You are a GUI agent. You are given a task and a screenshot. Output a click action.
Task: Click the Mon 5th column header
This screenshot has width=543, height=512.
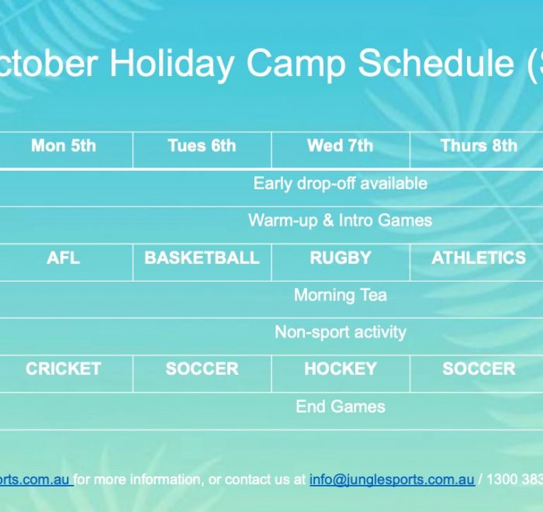pos(64,146)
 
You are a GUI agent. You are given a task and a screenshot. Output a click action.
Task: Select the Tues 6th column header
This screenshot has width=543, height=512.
pos(202,146)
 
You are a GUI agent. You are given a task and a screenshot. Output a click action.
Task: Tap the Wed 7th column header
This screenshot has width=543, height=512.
pos(341,146)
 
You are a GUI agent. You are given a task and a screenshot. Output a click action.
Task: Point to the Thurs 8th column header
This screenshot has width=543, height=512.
pos(479,146)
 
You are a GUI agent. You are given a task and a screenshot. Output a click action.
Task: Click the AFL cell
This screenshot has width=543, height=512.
pos(64,258)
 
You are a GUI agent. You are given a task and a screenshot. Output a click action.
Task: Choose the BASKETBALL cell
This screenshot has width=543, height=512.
pos(202,258)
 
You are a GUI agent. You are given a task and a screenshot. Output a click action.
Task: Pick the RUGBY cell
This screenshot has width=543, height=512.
pos(341,258)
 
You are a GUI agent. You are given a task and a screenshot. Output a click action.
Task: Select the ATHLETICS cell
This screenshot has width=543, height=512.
pos(479,258)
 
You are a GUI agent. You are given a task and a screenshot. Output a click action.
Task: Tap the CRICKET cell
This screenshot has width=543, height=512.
pos(64,368)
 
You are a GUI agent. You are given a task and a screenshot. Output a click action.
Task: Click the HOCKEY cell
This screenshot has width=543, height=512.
pos(341,368)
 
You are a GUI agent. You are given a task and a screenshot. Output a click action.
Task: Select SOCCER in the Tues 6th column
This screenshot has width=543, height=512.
pos(202,368)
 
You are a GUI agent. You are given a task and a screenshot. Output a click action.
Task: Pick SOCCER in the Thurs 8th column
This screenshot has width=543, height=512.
pos(479,368)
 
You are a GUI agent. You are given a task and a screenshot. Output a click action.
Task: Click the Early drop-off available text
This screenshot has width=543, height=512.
pos(341,184)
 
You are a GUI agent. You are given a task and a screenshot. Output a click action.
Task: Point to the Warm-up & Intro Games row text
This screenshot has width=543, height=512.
pos(341,220)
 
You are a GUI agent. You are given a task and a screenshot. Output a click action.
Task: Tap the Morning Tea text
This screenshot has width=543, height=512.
pos(341,295)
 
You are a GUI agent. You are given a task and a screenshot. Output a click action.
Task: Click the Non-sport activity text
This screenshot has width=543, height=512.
pos(341,332)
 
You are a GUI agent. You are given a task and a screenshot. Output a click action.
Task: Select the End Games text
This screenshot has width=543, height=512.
pos(341,406)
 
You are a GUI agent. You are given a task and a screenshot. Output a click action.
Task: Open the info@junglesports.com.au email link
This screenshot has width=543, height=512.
pos(392,479)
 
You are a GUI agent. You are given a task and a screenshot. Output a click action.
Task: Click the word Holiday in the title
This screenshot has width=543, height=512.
pos(171,63)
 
